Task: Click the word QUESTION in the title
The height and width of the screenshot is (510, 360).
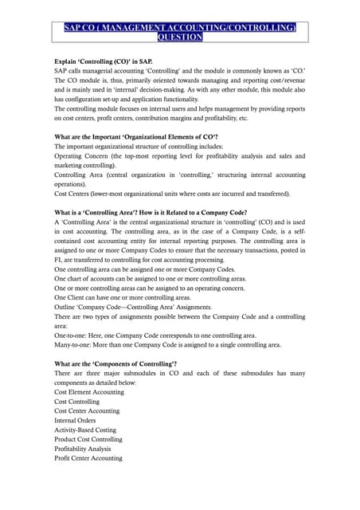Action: click(180, 37)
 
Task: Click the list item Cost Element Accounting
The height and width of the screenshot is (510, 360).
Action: click(89, 392)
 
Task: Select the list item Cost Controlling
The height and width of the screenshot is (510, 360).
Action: click(78, 402)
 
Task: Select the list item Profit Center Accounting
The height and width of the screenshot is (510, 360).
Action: click(88, 458)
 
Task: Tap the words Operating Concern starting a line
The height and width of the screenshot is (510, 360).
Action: click(84, 155)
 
